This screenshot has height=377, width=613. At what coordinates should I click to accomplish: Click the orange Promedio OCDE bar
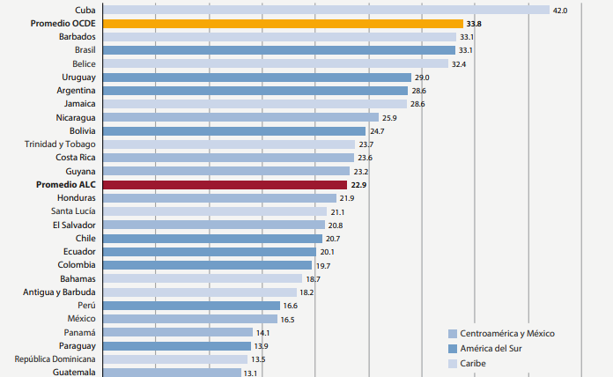point(282,24)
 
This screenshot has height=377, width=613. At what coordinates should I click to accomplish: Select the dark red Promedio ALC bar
point(225,185)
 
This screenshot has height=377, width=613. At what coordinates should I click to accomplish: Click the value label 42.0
point(559,10)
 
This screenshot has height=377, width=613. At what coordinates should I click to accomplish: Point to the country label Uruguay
point(79,78)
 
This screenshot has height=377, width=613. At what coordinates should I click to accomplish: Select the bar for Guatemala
point(171,373)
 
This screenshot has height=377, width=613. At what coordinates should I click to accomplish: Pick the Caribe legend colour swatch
point(453,363)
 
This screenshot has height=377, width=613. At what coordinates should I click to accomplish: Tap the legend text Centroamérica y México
point(508,333)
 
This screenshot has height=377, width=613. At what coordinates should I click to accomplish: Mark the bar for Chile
point(212,239)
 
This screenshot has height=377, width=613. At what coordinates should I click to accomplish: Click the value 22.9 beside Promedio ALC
point(358,185)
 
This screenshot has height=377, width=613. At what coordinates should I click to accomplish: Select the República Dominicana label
point(55,359)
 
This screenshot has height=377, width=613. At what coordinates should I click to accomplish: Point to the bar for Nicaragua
point(240,117)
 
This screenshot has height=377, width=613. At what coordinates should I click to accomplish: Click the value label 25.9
point(390,117)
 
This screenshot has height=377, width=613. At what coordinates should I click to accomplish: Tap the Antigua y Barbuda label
point(61,292)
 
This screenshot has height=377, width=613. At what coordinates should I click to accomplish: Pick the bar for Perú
point(191,306)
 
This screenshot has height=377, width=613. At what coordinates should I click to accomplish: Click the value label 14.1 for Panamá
point(263,333)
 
